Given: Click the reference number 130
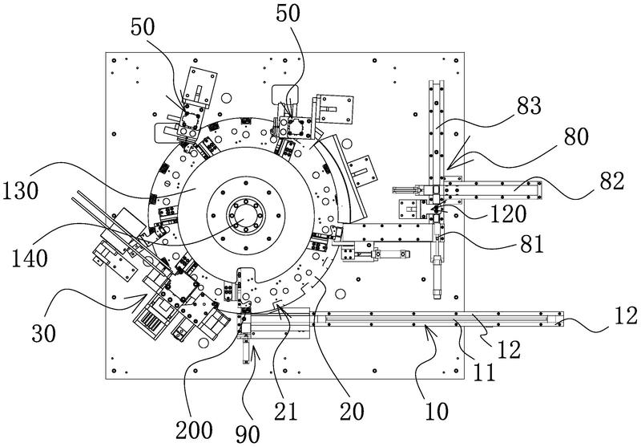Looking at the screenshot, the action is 21,191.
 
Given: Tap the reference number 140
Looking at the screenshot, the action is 30,258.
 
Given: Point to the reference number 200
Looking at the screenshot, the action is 194,430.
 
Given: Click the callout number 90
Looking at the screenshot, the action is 248,433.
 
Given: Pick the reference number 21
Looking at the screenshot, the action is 286,411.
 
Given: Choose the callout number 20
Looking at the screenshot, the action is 352,411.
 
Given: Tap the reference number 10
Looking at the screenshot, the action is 437,411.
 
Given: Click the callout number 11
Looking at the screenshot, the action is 484,372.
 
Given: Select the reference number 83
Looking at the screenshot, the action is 529,106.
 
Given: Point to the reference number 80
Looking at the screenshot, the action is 576,136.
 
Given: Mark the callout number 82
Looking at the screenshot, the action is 612,180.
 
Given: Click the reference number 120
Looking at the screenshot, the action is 508,213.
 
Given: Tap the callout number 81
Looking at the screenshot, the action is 532,245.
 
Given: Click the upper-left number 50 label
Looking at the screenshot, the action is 143,27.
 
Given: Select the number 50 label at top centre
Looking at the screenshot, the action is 288,13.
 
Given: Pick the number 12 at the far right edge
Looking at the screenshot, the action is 626,316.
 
